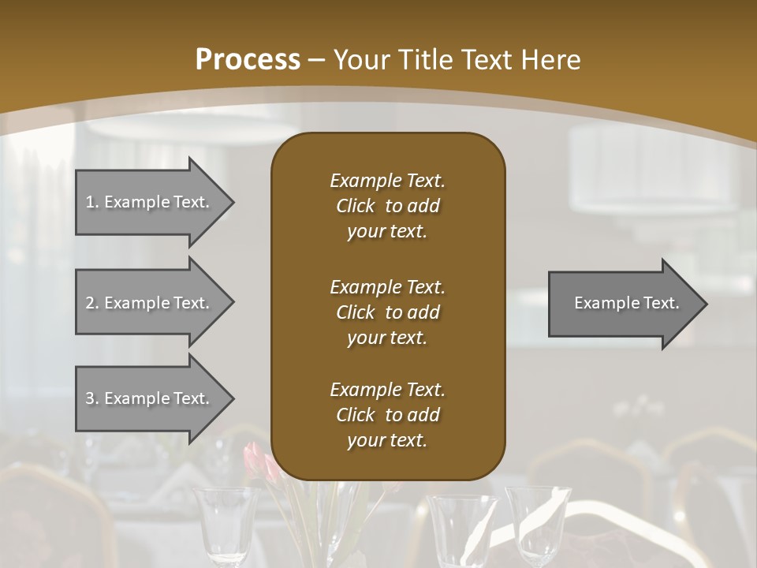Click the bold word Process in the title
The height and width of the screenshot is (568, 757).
(247, 60)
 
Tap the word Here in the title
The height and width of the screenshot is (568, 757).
(552, 60)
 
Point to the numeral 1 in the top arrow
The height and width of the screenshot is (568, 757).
(89, 202)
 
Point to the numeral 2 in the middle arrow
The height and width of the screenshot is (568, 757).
(90, 303)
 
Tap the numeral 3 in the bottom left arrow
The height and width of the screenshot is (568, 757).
(90, 398)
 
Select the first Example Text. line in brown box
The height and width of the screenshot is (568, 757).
(387, 181)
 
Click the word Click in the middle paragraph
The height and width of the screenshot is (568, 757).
(355, 312)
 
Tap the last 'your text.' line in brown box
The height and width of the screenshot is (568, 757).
(386, 440)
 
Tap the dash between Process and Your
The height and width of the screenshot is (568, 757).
(317, 60)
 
